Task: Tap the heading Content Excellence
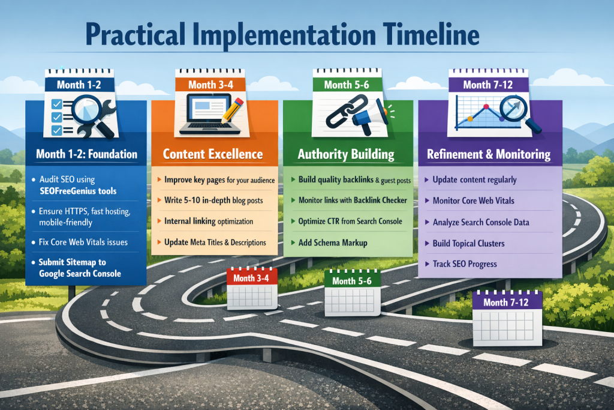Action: [x=213, y=154]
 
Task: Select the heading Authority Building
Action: [x=346, y=154]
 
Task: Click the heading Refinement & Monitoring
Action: [x=489, y=154]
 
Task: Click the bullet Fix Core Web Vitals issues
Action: [x=83, y=242]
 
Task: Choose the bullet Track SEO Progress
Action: [x=465, y=264]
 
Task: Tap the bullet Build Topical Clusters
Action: [x=468, y=243]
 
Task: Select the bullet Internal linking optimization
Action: [x=209, y=222]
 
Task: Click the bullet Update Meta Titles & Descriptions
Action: [x=215, y=242]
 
